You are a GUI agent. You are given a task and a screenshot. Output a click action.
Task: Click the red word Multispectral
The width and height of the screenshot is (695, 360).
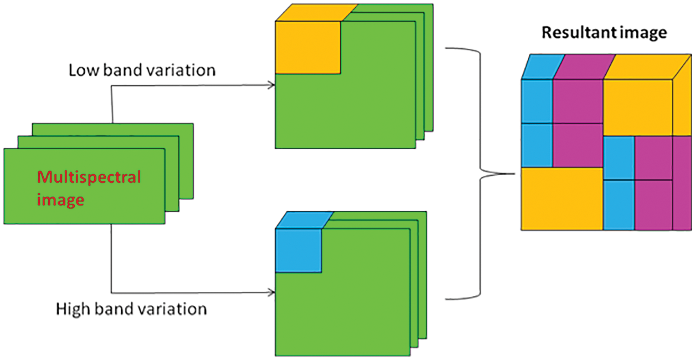click(89, 177)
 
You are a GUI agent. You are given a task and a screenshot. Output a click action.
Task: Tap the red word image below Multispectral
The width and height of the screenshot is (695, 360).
click(60, 199)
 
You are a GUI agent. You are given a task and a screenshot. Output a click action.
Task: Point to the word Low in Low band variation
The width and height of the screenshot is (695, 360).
click(82, 71)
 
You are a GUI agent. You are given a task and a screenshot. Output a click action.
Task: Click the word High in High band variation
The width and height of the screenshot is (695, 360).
click(73, 308)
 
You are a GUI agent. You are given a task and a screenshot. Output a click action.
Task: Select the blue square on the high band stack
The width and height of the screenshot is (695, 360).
click(298, 250)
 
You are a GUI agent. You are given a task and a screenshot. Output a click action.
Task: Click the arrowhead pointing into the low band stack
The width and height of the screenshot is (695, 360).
click(271, 85)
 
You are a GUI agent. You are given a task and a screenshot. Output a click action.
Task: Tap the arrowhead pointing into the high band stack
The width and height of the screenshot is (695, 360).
click(271, 292)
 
